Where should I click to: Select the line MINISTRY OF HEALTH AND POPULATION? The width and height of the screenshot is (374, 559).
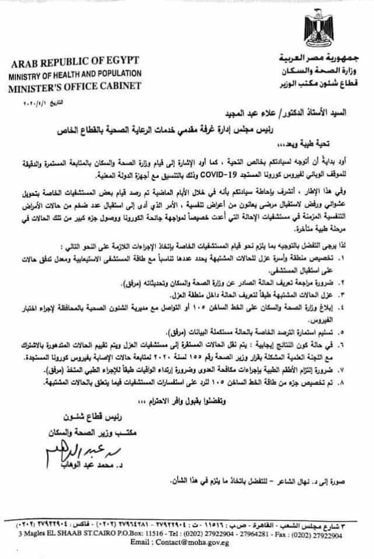(75, 74)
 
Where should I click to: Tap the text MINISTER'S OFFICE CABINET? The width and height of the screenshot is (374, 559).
(75, 85)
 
